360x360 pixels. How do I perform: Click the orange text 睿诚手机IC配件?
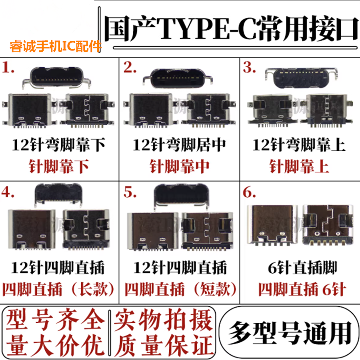(x=56, y=46)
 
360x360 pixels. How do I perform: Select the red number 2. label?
(x=130, y=69)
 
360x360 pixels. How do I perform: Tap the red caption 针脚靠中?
(x=180, y=166)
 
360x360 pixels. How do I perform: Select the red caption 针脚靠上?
(x=299, y=166)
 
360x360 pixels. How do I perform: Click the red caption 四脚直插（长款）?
(x=59, y=289)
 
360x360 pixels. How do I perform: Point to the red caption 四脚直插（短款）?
(x=180, y=289)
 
